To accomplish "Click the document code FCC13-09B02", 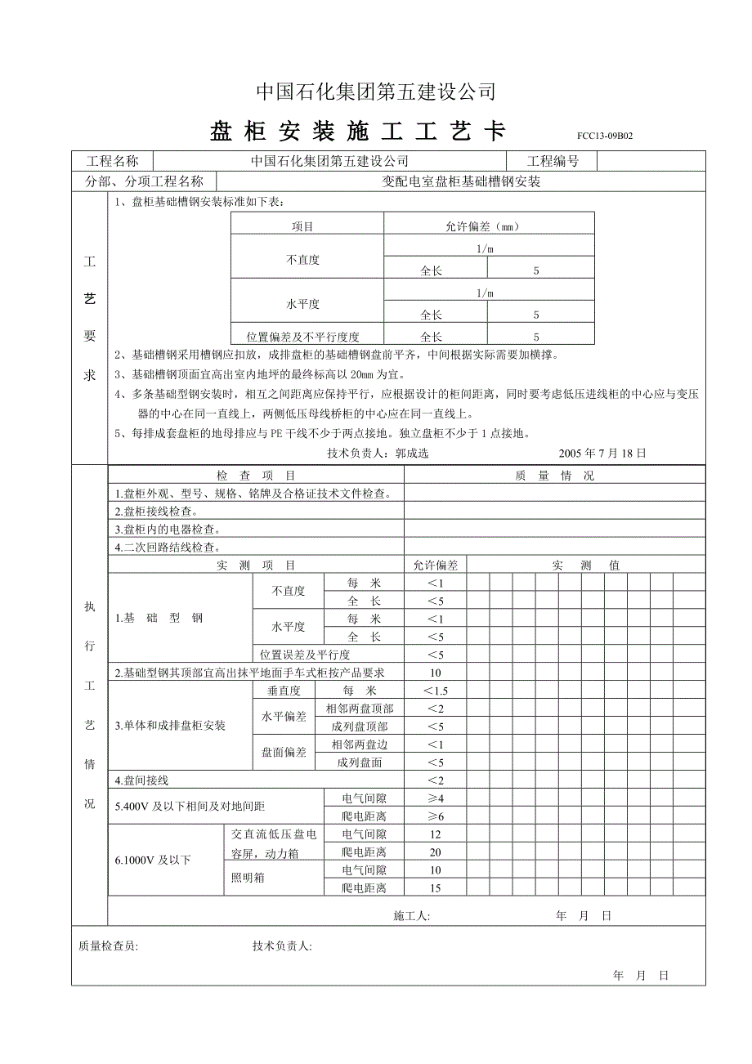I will point(604,136).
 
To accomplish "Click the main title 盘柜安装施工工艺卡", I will point(358,132).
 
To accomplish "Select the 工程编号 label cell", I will point(553,161).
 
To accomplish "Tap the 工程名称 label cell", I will point(112,161).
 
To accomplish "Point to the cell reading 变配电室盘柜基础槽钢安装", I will point(462,182).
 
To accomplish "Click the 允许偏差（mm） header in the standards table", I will point(488,226).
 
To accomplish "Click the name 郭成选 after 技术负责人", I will point(412,453).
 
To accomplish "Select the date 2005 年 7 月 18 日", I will point(602,453).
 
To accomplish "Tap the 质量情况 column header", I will point(554,475).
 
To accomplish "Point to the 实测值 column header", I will point(585,565).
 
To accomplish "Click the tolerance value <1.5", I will point(435,691).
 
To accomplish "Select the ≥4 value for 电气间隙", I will point(435,798).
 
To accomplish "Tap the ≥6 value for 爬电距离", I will point(435,816).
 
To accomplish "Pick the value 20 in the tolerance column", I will point(435,852).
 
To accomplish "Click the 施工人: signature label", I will point(411,916).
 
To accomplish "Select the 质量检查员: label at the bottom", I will point(108,946).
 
